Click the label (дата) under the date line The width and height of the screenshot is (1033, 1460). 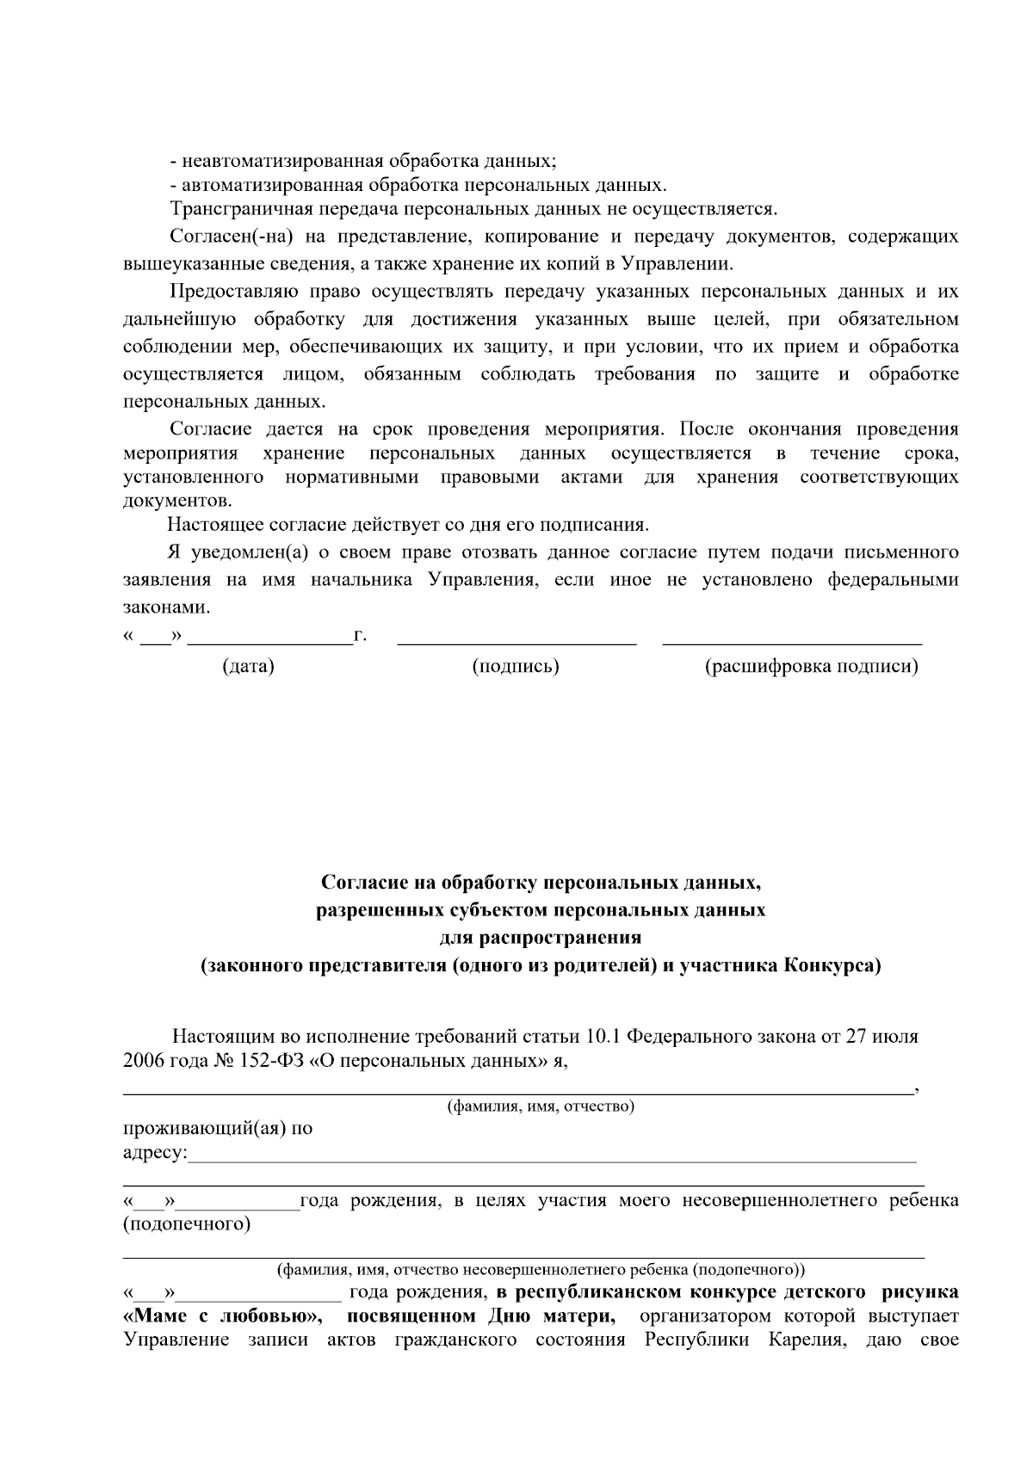[x=248, y=667]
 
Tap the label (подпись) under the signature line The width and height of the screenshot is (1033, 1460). [x=516, y=667]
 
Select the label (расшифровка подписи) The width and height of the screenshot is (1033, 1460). [x=811, y=667]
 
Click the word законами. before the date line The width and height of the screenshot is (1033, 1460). [x=166, y=607]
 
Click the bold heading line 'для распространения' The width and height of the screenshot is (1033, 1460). [x=540, y=938]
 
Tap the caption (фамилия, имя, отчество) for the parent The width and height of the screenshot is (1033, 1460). [x=540, y=1106]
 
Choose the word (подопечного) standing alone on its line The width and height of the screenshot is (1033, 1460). [x=187, y=1224]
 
